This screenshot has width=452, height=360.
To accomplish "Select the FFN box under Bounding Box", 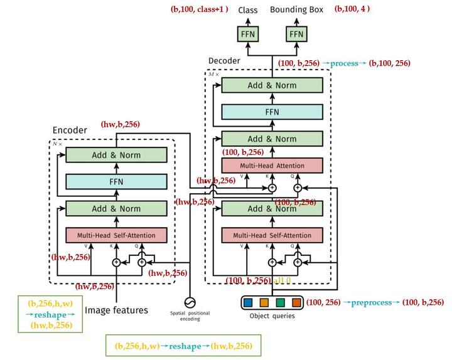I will click(x=296, y=33).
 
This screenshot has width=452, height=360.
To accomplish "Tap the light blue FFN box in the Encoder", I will click(x=116, y=182).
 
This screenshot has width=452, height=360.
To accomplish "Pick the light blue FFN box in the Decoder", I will click(x=272, y=112).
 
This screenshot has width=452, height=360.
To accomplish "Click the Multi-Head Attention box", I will click(x=272, y=166).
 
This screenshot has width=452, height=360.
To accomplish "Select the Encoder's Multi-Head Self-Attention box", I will click(x=116, y=235).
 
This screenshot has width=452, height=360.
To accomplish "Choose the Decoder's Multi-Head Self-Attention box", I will click(x=272, y=235).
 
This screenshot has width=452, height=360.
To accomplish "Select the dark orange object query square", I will click(x=296, y=304).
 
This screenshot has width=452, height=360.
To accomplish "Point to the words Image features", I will click(x=116, y=310).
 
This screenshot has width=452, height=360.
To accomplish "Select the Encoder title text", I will click(x=69, y=130).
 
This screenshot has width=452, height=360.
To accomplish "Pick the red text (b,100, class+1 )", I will click(x=199, y=9).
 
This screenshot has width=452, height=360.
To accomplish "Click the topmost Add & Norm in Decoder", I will click(x=272, y=85).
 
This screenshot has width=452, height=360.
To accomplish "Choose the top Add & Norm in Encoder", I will click(x=116, y=155).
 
